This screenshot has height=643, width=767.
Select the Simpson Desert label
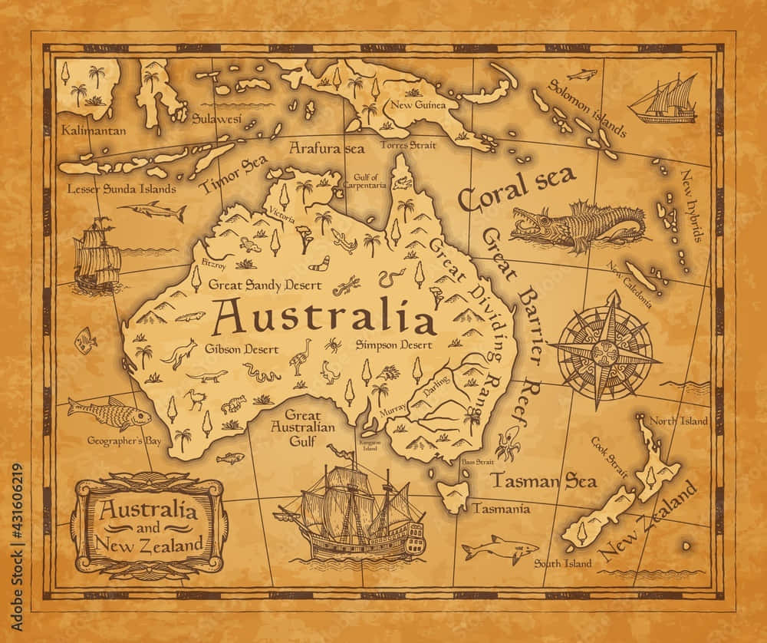393,345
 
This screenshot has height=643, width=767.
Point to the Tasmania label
501,508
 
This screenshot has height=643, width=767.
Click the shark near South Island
499,548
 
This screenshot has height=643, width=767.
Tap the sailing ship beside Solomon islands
665,101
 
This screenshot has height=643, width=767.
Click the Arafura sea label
326,147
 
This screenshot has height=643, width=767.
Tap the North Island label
674,420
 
